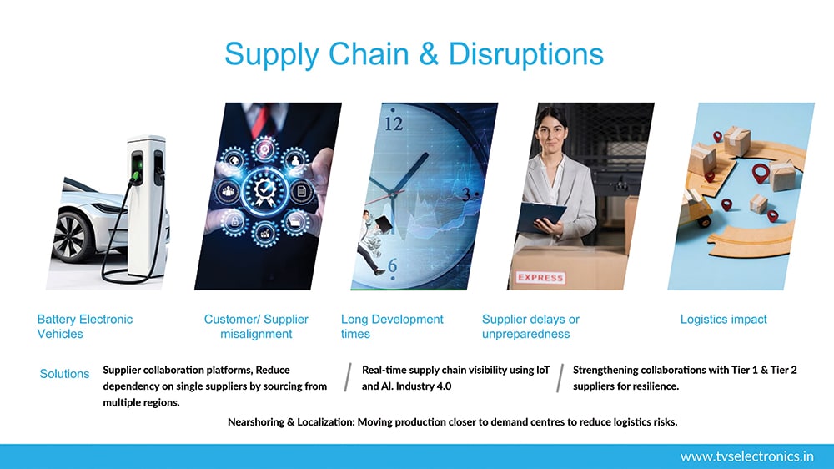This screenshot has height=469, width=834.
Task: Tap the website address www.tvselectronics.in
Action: (746, 456)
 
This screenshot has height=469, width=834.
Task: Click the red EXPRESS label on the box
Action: (540, 277)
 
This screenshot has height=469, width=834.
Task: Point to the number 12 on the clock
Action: (394, 124)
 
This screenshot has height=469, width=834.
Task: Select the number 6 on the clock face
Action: (393, 265)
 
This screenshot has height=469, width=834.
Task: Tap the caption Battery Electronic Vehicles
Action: (84, 326)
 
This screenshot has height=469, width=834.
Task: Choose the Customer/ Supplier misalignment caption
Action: (256, 326)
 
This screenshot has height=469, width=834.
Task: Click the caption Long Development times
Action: (392, 326)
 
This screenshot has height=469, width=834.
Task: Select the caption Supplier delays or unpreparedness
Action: (530, 326)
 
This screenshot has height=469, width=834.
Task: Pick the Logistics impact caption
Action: (723, 320)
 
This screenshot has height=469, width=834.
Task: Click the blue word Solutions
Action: (64, 374)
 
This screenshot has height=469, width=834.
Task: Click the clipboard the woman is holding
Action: (541, 215)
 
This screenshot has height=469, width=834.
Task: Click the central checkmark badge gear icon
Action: (264, 189)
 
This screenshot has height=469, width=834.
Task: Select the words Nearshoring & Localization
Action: (291, 422)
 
